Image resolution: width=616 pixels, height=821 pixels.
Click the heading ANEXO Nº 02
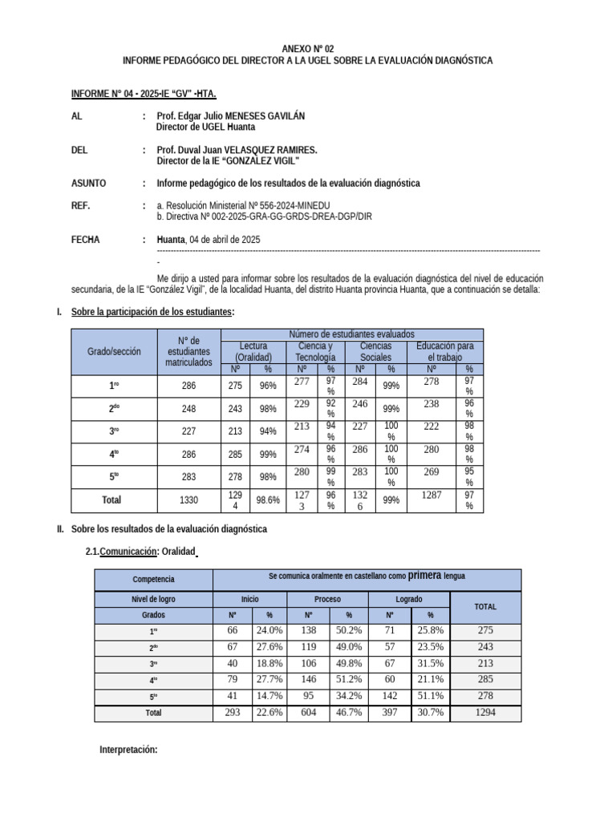click(x=307, y=49)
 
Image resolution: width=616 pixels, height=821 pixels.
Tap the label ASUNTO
click(x=89, y=183)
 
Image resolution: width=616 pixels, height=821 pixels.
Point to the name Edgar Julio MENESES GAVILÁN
click(x=231, y=116)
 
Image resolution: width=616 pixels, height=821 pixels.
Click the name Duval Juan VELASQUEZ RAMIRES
click(x=237, y=150)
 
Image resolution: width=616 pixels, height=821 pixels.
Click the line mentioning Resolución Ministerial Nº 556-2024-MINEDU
click(x=243, y=206)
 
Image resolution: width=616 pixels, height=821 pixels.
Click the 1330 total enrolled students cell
click(x=188, y=499)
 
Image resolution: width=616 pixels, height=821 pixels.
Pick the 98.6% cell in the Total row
click(x=268, y=499)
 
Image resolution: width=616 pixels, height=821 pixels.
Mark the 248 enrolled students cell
click(x=188, y=408)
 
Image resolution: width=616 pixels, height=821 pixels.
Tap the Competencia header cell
click(x=153, y=579)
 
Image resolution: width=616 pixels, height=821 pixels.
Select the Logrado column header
click(x=409, y=599)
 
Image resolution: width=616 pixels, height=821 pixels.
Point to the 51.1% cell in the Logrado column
click(x=432, y=695)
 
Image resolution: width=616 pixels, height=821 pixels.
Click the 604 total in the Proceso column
click(x=308, y=711)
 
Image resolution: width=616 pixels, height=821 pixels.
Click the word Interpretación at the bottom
click(x=128, y=750)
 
